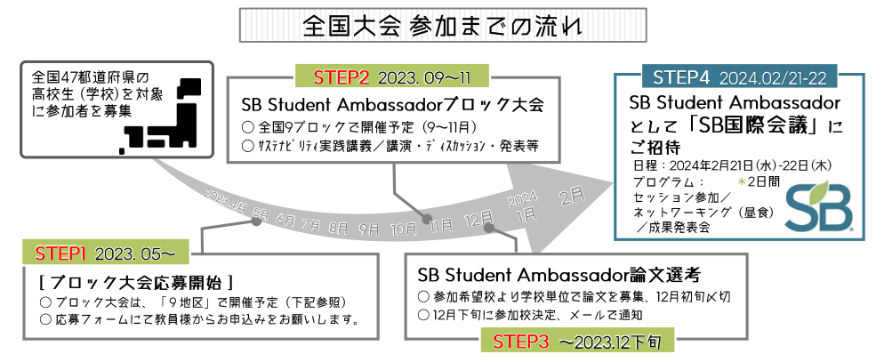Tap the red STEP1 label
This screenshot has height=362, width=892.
(60, 253)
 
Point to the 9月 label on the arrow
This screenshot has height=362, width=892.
(368, 228)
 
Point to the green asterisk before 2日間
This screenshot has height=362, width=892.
(742, 181)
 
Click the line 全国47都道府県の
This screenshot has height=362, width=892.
(89, 76)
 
